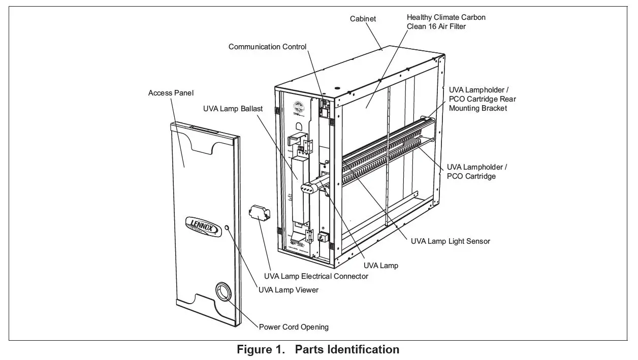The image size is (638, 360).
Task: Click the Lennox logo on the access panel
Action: [202, 225]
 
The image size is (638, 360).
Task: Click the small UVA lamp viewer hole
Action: [226, 227]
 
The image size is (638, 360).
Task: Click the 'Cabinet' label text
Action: [363, 19]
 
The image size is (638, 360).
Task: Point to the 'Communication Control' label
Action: [267, 47]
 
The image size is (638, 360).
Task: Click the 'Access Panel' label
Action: [171, 93]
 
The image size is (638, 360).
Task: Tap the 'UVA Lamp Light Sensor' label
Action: [450, 241]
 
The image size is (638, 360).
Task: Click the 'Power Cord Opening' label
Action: [294, 327]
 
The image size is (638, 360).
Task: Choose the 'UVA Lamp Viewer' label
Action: [288, 290]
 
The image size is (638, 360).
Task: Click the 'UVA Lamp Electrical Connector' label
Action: [316, 276]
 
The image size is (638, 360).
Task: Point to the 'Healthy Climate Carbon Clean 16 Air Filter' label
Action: [445, 22]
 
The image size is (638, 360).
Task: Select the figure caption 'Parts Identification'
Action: [347, 350]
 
